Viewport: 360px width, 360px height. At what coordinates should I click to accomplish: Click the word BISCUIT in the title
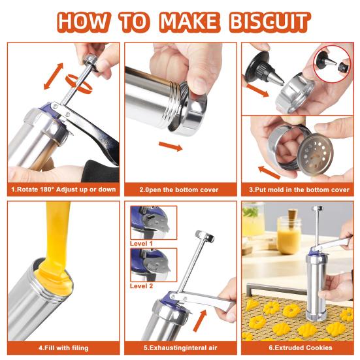pyautogui.click(x=270, y=22)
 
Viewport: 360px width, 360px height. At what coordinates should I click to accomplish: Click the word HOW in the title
pyautogui.click(x=82, y=22)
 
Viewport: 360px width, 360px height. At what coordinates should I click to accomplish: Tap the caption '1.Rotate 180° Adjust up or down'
pyautogui.click(x=63, y=189)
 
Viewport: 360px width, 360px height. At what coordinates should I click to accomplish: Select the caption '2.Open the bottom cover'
pyautogui.click(x=179, y=190)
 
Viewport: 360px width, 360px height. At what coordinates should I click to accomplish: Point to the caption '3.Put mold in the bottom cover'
pyautogui.click(x=299, y=190)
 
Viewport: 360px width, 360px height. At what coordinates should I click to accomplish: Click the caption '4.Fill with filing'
pyautogui.click(x=63, y=348)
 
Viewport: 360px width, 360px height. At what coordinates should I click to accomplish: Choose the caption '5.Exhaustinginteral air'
pyautogui.click(x=180, y=348)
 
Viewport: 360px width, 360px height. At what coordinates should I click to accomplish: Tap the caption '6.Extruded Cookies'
pyautogui.click(x=301, y=348)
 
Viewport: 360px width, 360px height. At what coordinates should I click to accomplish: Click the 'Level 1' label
pyautogui.click(x=141, y=244)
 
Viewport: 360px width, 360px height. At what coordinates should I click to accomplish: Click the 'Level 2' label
pyautogui.click(x=141, y=286)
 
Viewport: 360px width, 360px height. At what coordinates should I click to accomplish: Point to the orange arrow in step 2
pyautogui.click(x=171, y=146)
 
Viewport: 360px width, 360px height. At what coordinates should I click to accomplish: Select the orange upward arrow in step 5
pyautogui.click(x=200, y=321)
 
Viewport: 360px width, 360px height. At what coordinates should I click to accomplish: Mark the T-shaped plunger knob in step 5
pyautogui.click(x=205, y=236)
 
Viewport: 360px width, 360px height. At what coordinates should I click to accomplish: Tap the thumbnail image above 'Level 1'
pyautogui.click(x=154, y=223)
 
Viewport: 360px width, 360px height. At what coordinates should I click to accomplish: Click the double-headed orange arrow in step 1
pyautogui.click(x=54, y=76)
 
